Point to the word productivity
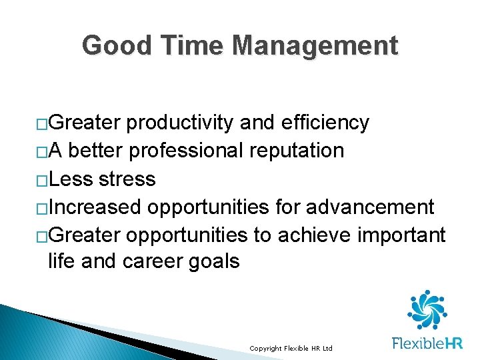click(180, 123)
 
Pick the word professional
click(187, 151)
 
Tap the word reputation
click(297, 151)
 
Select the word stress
click(126, 179)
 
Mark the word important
click(403, 235)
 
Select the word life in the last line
click(61, 261)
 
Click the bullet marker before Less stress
click(42, 180)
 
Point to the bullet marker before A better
click(42, 152)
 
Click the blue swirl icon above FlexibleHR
click(427, 310)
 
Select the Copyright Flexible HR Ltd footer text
click(290, 349)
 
